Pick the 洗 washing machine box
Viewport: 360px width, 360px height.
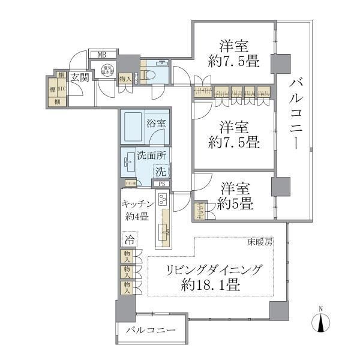coord(160,171)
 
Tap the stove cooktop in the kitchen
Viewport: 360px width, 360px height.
coord(164,199)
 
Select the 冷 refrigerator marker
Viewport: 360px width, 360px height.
coord(129,239)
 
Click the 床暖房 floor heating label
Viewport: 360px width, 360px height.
coord(260,242)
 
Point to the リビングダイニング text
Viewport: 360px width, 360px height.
coord(214,270)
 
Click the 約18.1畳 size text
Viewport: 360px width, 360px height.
coord(214,286)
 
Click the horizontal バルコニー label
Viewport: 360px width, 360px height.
coord(151,331)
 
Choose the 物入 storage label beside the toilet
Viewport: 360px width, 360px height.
coord(125,79)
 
